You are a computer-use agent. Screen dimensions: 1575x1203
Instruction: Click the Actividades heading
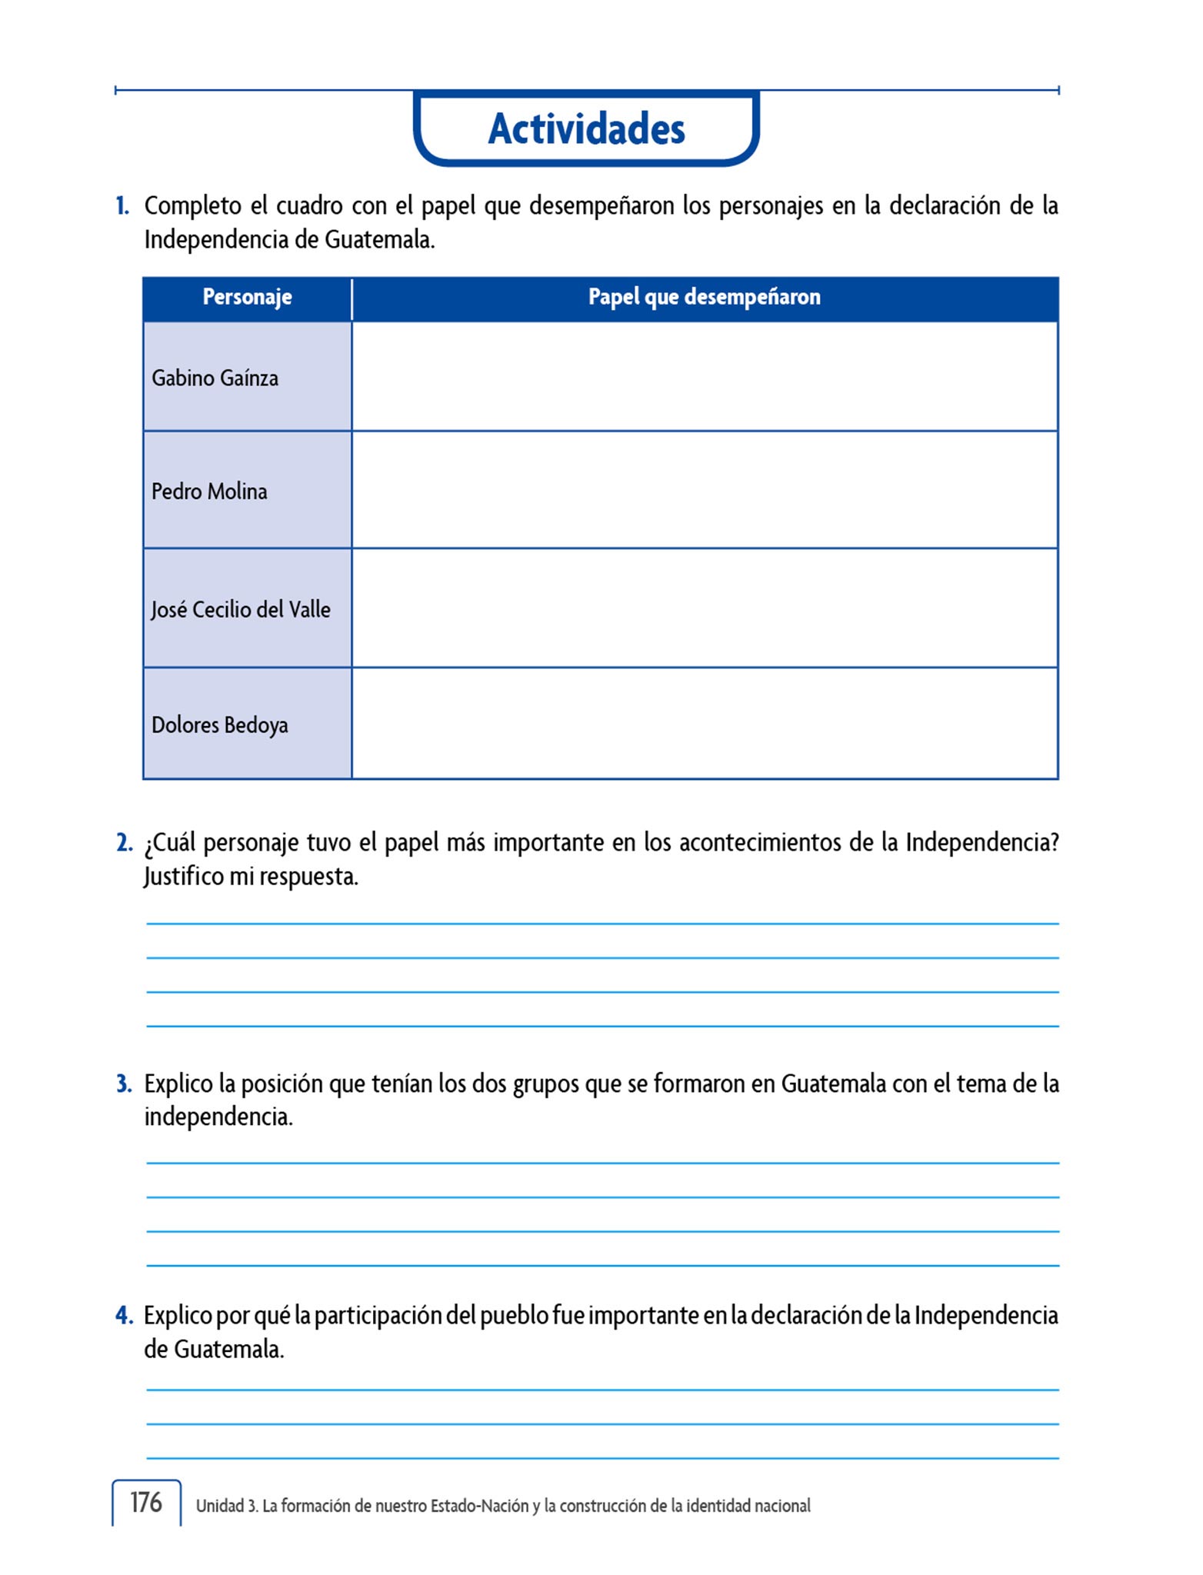[586, 128]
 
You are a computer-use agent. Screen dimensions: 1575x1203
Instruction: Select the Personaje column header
[247, 297]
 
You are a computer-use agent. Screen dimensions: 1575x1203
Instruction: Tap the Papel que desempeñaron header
[704, 297]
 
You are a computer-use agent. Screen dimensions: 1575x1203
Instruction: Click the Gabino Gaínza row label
[215, 378]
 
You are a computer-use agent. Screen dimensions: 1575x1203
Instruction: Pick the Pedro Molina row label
[209, 491]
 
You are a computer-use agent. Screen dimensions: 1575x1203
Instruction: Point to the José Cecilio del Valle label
[241, 610]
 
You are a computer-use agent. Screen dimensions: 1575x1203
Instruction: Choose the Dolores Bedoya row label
[220, 725]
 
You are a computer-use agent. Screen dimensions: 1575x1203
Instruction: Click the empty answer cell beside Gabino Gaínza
[704, 377]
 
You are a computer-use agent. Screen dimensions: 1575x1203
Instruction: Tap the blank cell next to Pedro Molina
[704, 490]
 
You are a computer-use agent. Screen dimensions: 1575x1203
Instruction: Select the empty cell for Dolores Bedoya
[704, 724]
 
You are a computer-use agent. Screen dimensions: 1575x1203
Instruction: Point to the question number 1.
[122, 206]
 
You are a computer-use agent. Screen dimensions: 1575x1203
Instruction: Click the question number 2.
[124, 843]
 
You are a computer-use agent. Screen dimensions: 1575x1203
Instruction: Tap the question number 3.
[124, 1084]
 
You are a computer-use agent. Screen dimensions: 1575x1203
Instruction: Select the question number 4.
[124, 1316]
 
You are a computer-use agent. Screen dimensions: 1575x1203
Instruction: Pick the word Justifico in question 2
[183, 877]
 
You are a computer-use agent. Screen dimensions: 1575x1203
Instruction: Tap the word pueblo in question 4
[513, 1316]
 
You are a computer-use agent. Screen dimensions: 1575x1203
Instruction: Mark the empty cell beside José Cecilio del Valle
[704, 608]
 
